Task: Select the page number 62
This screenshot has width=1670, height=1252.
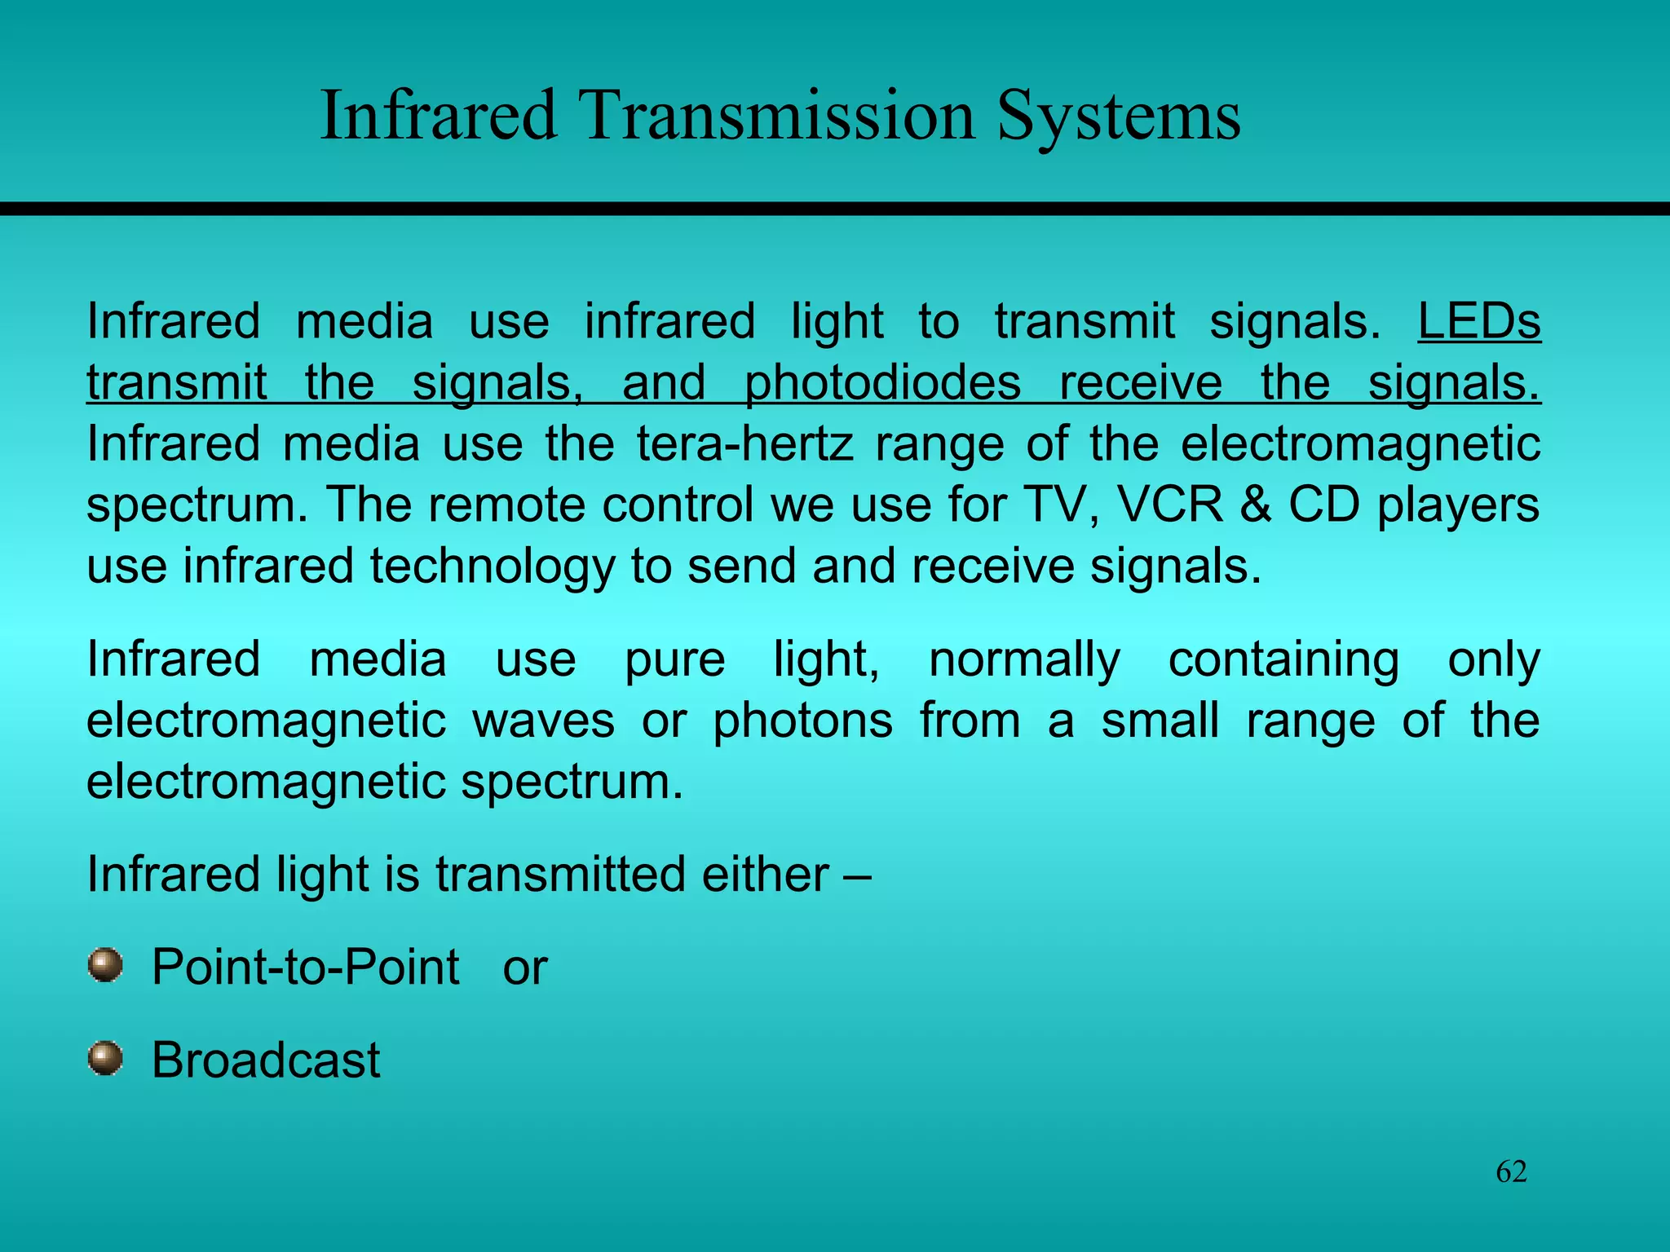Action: coord(1511,1171)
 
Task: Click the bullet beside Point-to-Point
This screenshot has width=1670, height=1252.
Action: coord(105,965)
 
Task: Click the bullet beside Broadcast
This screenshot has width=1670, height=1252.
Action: coord(105,1058)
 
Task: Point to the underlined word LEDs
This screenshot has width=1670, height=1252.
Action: coord(1478,321)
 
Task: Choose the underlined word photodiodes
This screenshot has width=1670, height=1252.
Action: coord(882,383)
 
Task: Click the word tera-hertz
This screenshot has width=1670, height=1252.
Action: coord(745,444)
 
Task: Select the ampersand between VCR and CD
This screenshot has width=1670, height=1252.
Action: coord(1256,505)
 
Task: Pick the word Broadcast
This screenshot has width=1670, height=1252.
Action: coord(266,1060)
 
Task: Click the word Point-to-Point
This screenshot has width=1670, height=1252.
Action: coord(306,968)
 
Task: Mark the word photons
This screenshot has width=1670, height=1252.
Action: coord(802,721)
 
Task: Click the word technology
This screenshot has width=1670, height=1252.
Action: coord(492,567)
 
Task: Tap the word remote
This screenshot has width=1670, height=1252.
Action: coord(506,505)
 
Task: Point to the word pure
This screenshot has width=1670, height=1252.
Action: coord(674,660)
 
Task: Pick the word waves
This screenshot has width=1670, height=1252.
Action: coord(543,721)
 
